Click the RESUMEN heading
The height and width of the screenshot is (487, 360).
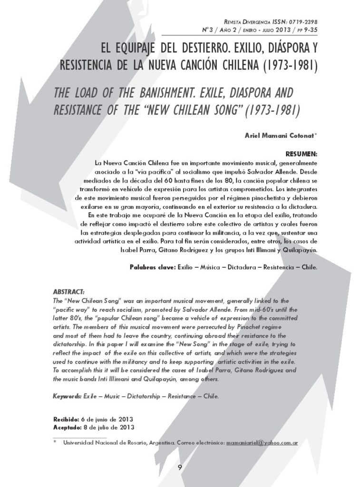pyautogui.click(x=301, y=155)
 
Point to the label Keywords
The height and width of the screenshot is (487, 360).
pyautogui.click(x=67, y=396)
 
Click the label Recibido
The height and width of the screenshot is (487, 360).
pyautogui.click(x=66, y=419)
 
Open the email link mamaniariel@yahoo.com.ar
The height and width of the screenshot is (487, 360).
pyautogui.click(x=262, y=443)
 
